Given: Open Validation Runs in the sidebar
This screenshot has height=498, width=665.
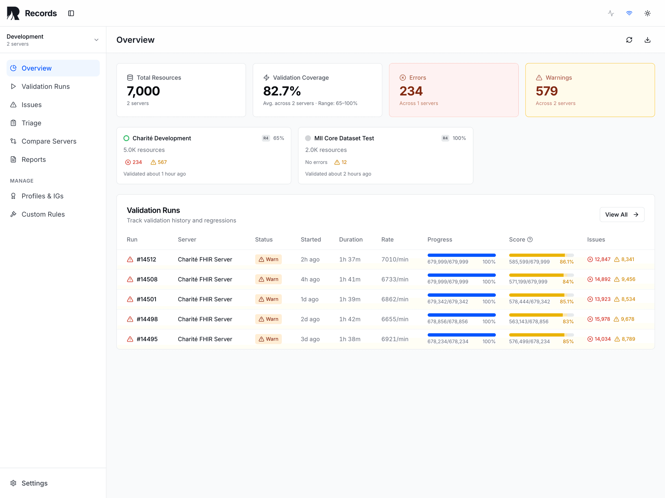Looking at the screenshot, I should click(x=45, y=86).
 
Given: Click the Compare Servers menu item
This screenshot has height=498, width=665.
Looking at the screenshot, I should click(x=49, y=141).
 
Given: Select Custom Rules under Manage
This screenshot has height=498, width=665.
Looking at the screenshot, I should click(x=43, y=214).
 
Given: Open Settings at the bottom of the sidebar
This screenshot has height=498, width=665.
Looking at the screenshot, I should click(x=34, y=483).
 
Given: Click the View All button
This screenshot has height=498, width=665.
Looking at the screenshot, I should click(x=622, y=215).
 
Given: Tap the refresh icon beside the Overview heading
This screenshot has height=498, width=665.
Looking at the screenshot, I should click(x=629, y=40).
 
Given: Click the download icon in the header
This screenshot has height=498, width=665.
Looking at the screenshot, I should click(x=647, y=40).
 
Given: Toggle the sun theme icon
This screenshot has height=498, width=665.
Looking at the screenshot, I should click(x=647, y=13).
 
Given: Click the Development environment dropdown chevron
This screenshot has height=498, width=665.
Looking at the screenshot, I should click(x=96, y=40).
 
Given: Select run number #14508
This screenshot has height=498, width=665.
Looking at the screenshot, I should click(x=147, y=279).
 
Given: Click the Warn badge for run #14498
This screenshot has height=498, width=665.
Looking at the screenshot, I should click(x=268, y=319).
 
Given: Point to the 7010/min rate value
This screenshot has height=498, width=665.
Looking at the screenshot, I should click(x=395, y=259).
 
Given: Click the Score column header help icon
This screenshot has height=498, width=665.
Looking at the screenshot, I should click(x=530, y=239).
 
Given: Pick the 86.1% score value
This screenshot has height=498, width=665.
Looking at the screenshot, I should click(x=567, y=262).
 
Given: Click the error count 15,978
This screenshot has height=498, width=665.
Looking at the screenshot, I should click(x=602, y=319).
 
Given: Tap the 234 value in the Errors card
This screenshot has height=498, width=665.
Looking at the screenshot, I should click(x=411, y=91).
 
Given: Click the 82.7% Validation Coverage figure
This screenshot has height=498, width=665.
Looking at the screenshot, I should click(x=282, y=91).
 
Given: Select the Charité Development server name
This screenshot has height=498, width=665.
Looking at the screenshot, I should click(x=162, y=138).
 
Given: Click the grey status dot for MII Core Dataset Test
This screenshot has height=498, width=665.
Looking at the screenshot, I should click(x=308, y=138).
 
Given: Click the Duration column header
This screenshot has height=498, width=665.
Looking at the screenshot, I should click(x=351, y=240).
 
